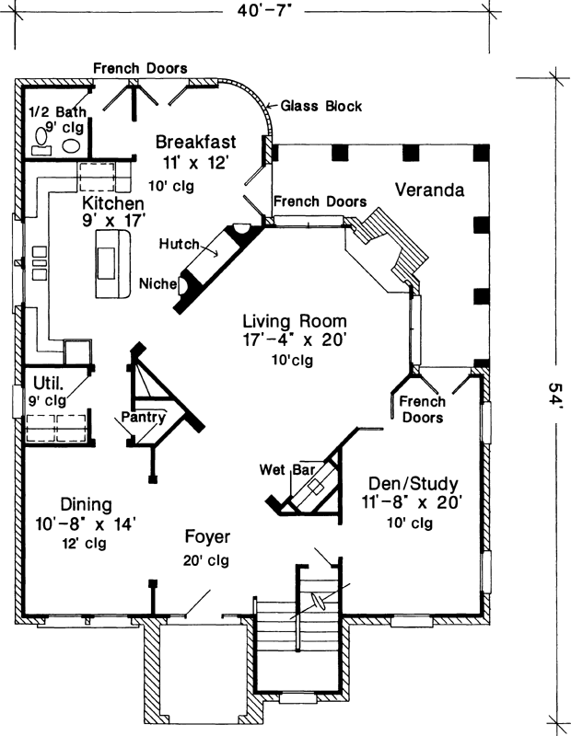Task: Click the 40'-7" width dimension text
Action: point(262,12)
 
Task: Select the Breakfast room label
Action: point(195,143)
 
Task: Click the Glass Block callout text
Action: point(320,107)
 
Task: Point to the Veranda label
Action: point(428,190)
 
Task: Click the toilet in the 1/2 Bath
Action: point(41,140)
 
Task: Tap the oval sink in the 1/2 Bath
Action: point(71,145)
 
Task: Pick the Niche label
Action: point(157,283)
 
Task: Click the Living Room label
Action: point(295,322)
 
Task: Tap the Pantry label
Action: point(143,418)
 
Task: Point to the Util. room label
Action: point(46,382)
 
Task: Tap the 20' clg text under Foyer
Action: point(206,559)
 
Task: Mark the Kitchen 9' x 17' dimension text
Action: point(112,221)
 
